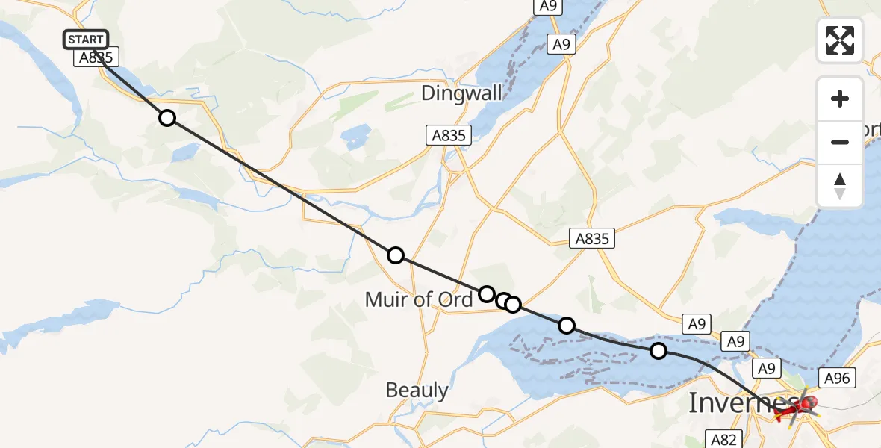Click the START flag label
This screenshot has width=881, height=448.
coord(86,40)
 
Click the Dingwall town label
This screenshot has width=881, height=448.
coord(461,93)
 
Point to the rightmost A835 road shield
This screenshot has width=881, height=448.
coord(593,239)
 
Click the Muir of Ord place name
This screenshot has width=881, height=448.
coord(418,299)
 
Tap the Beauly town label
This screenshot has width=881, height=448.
coord(417,390)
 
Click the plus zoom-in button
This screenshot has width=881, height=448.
coord(840,99)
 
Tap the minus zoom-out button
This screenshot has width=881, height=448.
coord(840,142)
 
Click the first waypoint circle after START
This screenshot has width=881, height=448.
coord(167,118)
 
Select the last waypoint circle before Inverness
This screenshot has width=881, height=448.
coord(658,351)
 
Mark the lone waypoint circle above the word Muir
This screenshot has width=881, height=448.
coord(396,255)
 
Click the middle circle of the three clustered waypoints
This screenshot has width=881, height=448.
coord(504,300)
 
